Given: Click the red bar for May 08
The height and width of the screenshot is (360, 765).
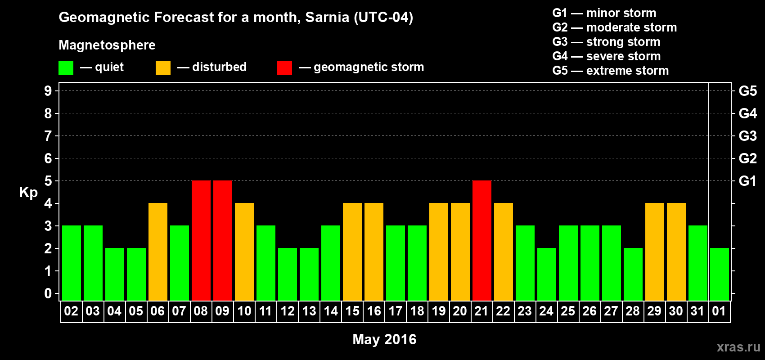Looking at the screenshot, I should click(x=201, y=240).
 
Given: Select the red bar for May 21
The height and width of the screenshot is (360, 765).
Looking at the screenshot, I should click(x=481, y=240).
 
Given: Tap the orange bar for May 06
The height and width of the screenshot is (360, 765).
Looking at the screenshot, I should click(x=157, y=252).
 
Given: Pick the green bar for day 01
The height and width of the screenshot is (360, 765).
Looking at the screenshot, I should click(x=719, y=274).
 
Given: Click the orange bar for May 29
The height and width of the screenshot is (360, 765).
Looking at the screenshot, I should click(x=654, y=252).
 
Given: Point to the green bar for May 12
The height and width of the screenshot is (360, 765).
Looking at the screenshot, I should click(x=287, y=274).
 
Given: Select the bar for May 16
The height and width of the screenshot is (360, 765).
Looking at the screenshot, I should click(x=373, y=252).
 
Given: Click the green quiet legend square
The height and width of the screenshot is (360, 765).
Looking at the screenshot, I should click(x=66, y=68).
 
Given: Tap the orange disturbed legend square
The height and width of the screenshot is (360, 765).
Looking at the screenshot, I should click(x=163, y=68).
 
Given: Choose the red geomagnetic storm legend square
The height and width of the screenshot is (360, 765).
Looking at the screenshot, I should click(x=284, y=68).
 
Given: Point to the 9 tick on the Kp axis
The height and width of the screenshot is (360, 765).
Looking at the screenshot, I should click(x=48, y=91).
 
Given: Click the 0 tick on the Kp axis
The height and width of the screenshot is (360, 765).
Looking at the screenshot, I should click(x=48, y=294).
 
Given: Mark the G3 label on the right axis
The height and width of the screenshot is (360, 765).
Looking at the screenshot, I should click(x=747, y=136).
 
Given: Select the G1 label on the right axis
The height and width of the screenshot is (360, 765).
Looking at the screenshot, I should click(x=747, y=181).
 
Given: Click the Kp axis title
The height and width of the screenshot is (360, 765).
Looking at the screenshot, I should click(x=28, y=193).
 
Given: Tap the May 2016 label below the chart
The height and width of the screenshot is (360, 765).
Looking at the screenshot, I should click(x=384, y=339).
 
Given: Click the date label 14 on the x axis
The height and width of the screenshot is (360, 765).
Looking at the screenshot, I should click(x=330, y=311).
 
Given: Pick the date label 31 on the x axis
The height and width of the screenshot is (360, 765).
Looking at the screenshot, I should click(x=697, y=311).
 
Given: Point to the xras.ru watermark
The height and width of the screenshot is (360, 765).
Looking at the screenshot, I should click(x=738, y=347).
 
